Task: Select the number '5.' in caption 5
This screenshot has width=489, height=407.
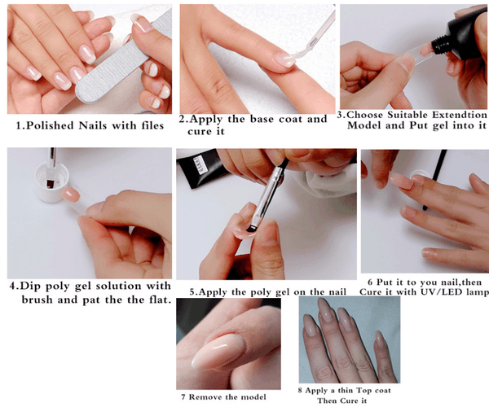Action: click(x=193, y=291)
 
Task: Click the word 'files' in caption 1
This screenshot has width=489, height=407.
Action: click(x=146, y=125)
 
